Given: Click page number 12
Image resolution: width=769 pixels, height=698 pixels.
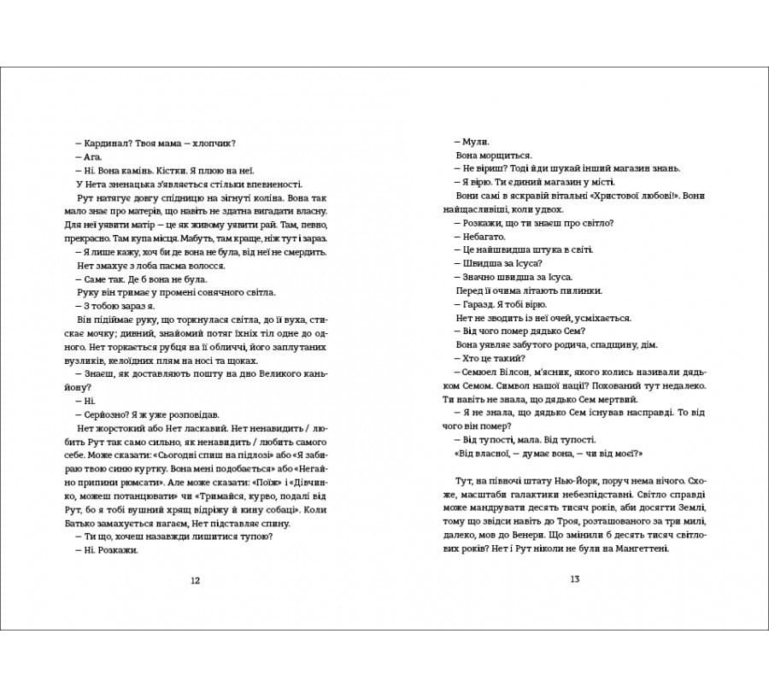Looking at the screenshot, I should click(x=195, y=580).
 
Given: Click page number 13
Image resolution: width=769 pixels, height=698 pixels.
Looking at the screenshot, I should click(x=574, y=580).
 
